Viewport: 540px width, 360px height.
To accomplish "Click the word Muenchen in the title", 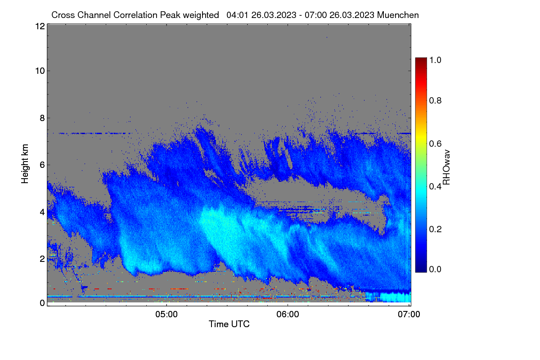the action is coord(398,15).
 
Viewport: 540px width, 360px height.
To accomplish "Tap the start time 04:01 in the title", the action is coord(237,15).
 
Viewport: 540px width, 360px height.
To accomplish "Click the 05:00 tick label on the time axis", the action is coord(166,314).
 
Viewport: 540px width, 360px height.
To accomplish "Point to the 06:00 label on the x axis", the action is coord(288,314).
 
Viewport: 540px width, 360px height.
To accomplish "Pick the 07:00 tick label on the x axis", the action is coord(409,314).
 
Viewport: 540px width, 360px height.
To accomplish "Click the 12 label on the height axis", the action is coord(40,26).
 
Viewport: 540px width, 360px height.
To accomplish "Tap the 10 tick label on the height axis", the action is coord(40,71).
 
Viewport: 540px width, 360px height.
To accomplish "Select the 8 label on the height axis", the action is coord(42,118).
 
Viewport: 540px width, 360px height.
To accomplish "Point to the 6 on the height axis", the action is coord(42,165).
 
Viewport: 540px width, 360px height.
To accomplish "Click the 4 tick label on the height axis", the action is coord(42,212).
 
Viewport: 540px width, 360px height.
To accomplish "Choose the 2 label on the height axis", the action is coord(42,259).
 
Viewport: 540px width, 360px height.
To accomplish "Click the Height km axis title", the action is coord(25,164).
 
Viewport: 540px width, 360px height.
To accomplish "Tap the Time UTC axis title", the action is coord(229,324).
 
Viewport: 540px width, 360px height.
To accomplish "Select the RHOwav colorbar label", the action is coord(446,167).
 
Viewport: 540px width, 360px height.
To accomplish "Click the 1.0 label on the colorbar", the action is coord(435,60).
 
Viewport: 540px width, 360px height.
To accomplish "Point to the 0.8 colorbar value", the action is coord(435,100).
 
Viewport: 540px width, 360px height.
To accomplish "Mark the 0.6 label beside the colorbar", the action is coord(435,144).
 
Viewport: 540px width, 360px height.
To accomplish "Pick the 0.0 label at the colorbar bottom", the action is coord(435,269).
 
